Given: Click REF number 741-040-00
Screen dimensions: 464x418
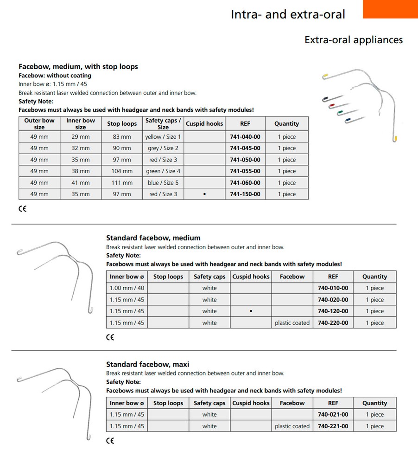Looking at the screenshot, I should point(245,137).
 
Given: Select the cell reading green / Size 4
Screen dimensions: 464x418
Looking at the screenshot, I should point(163,171).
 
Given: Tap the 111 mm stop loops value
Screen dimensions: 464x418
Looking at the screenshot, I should point(122,183).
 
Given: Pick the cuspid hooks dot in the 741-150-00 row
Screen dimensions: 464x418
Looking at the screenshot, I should point(204,194).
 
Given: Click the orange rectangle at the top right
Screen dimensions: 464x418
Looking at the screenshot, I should point(390,9).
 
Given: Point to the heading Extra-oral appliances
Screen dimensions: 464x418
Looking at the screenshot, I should point(354,40).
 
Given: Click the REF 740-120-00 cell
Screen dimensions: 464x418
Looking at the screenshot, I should point(333,311).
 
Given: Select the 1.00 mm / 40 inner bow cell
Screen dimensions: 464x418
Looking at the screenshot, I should point(127,288).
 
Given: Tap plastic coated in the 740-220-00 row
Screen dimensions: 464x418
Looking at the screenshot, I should point(292,323).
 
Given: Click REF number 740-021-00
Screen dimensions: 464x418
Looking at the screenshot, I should point(333,415).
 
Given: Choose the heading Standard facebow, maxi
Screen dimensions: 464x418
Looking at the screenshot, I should point(147,364).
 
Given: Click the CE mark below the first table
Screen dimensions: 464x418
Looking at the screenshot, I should point(22,209).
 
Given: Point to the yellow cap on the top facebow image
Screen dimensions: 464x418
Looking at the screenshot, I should point(326,75).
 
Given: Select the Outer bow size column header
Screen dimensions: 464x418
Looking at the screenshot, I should point(39,123).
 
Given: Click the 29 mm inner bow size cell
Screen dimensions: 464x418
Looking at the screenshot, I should point(81,137).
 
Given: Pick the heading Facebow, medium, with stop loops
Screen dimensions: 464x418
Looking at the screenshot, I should point(78,66).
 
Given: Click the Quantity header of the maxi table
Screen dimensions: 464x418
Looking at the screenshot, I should point(374,403).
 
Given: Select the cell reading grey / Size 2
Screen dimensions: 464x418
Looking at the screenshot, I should point(163,148).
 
